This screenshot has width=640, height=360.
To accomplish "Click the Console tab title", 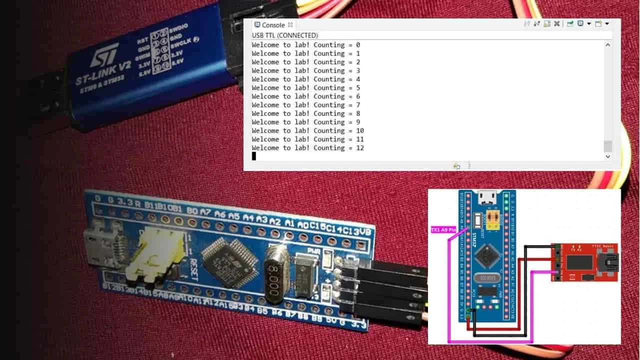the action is tap(273, 25).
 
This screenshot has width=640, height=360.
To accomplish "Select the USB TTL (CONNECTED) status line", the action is tap(284, 35).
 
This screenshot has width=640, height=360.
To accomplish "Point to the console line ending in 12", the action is tap(307, 148).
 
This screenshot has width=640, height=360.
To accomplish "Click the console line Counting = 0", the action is tap(305, 45).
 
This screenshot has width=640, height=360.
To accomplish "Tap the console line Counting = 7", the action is tap(305, 105).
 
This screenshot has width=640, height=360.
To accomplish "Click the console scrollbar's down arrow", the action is tap(607, 156).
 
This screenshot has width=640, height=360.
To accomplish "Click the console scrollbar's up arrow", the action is tap(607, 45).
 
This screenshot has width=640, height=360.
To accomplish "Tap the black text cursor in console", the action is tap(254, 156).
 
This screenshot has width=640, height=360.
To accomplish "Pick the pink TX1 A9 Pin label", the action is tap(443, 230).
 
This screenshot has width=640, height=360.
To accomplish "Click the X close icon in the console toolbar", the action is tap(556, 24).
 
